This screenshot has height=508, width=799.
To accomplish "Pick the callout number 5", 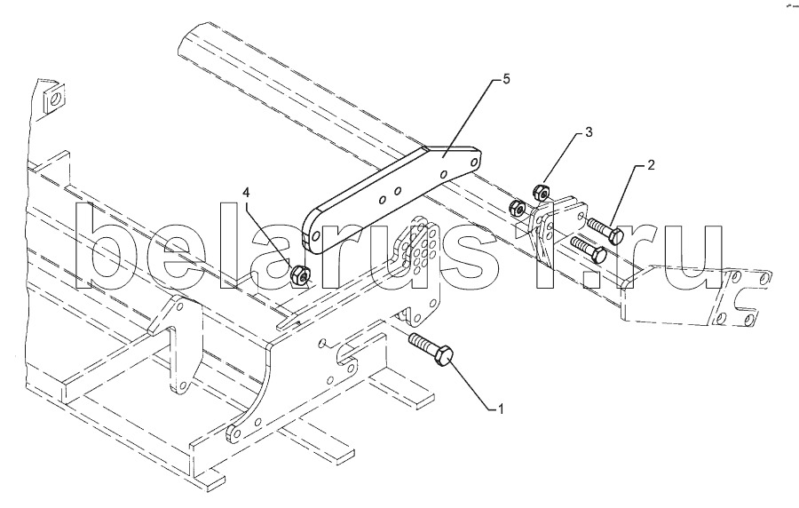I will pos(505,79).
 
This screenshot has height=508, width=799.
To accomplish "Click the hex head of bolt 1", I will pos(444,358).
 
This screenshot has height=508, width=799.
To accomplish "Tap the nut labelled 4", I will pos(300,276).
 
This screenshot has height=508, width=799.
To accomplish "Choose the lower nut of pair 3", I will pos(518,208).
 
